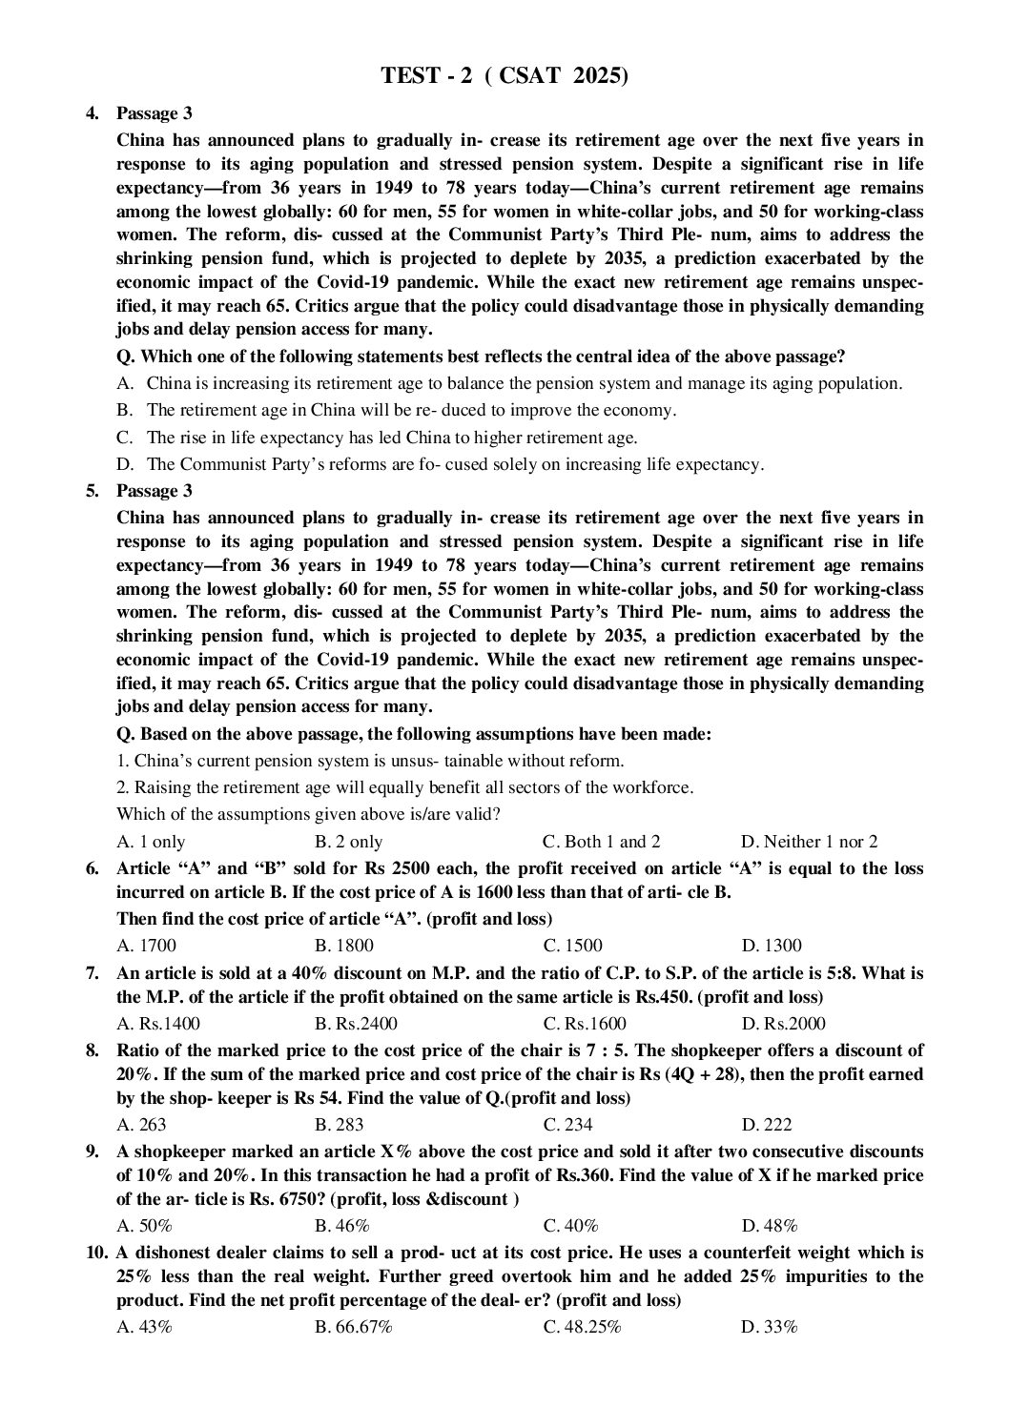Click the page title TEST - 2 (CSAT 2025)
click(504, 75)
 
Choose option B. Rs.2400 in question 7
click(356, 1024)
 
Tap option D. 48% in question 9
click(769, 1226)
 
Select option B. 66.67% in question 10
click(353, 1327)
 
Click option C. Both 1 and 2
click(601, 842)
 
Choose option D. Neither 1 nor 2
click(809, 842)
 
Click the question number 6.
click(93, 868)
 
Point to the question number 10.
click(95, 1252)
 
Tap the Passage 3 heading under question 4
click(154, 113)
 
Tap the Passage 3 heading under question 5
click(154, 491)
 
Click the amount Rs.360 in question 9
click(584, 1175)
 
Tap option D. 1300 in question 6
click(771, 946)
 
